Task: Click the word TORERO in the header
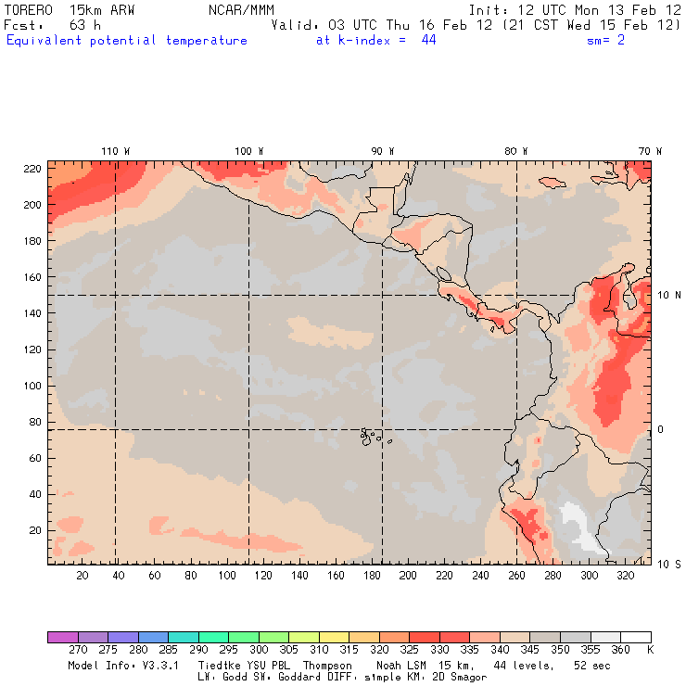[29, 9]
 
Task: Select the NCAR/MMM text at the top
[241, 9]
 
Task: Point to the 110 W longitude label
[115, 151]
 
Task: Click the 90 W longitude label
[383, 151]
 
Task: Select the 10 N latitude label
[669, 296]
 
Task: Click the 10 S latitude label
[669, 564]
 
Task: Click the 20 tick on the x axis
[83, 576]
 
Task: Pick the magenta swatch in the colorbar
[62, 637]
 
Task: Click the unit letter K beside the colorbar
[650, 650]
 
